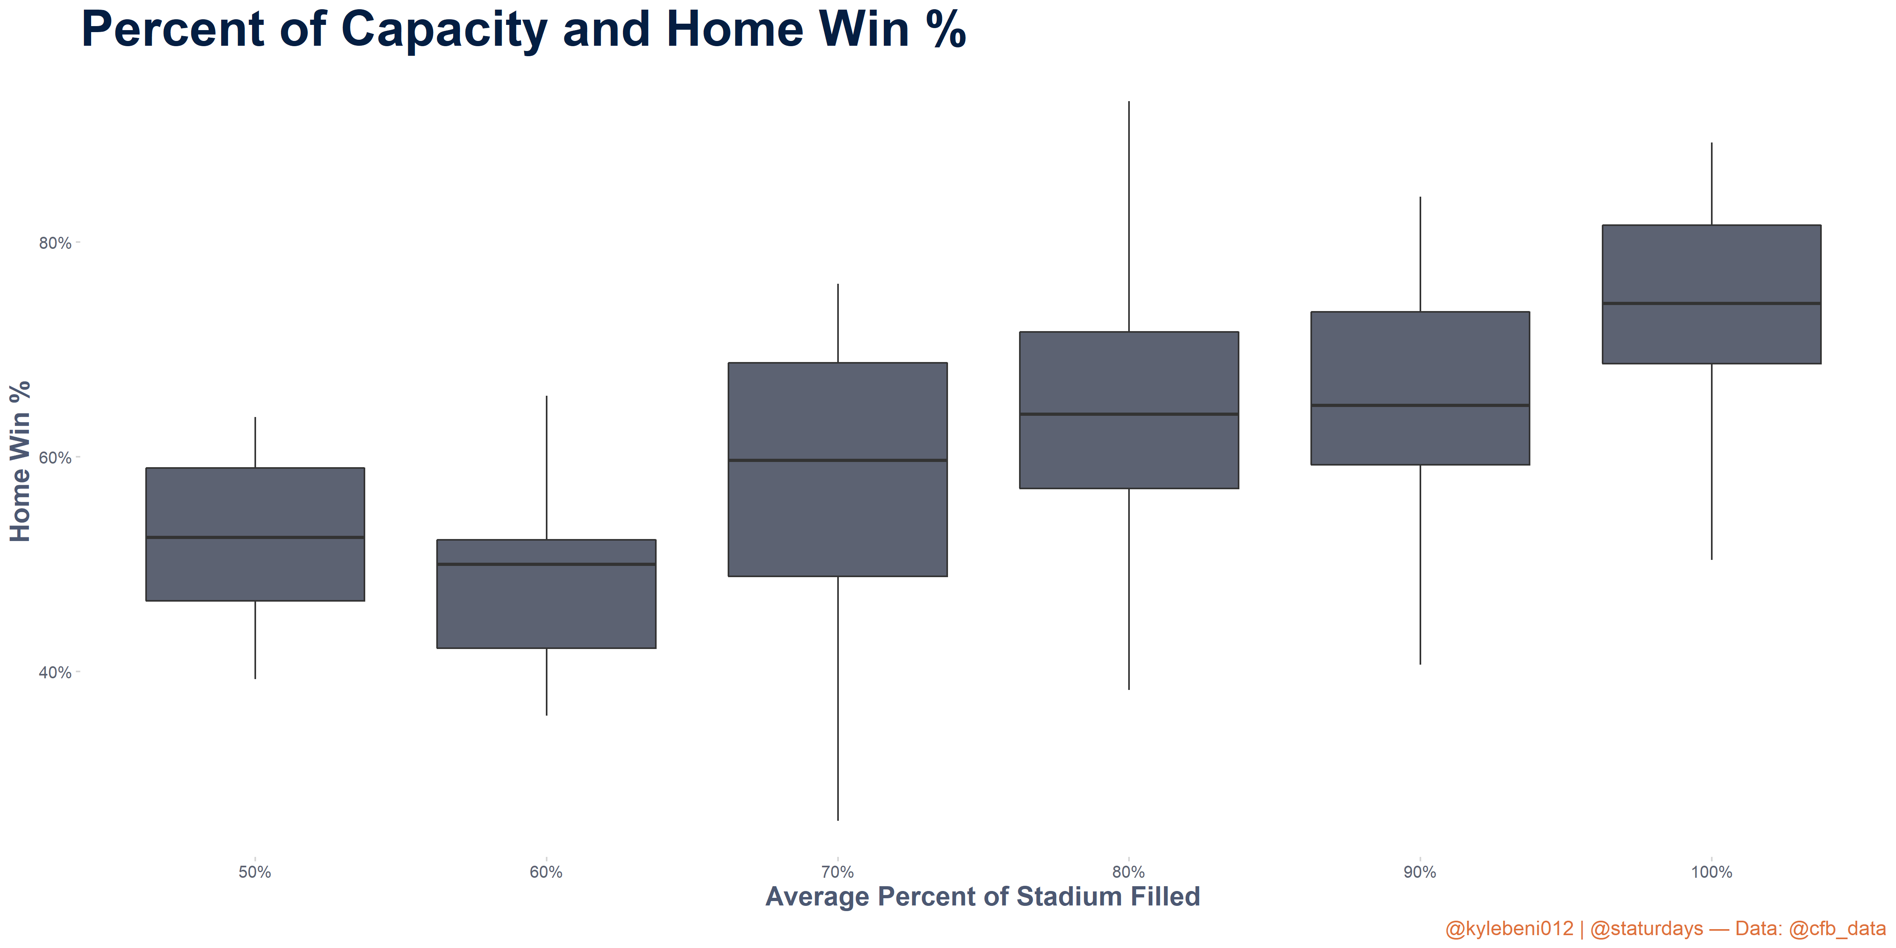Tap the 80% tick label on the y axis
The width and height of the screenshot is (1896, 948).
tap(55, 243)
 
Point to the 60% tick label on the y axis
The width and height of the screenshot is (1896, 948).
tap(55, 458)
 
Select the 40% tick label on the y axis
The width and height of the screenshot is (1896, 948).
tap(55, 673)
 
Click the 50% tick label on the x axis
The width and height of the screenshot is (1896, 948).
tap(255, 872)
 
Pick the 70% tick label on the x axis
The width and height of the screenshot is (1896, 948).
tap(838, 872)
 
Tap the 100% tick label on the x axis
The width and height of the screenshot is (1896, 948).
tap(1711, 872)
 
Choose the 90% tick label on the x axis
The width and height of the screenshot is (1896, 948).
tap(1420, 872)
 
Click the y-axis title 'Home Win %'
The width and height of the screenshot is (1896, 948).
tap(20, 462)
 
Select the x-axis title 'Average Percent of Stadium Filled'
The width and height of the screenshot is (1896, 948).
tap(983, 897)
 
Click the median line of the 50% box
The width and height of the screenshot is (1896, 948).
tap(255, 537)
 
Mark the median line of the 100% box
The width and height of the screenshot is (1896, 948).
tap(1711, 303)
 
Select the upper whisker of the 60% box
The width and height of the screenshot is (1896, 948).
tap(546, 467)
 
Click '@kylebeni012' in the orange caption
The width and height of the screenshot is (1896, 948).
tap(1509, 929)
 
